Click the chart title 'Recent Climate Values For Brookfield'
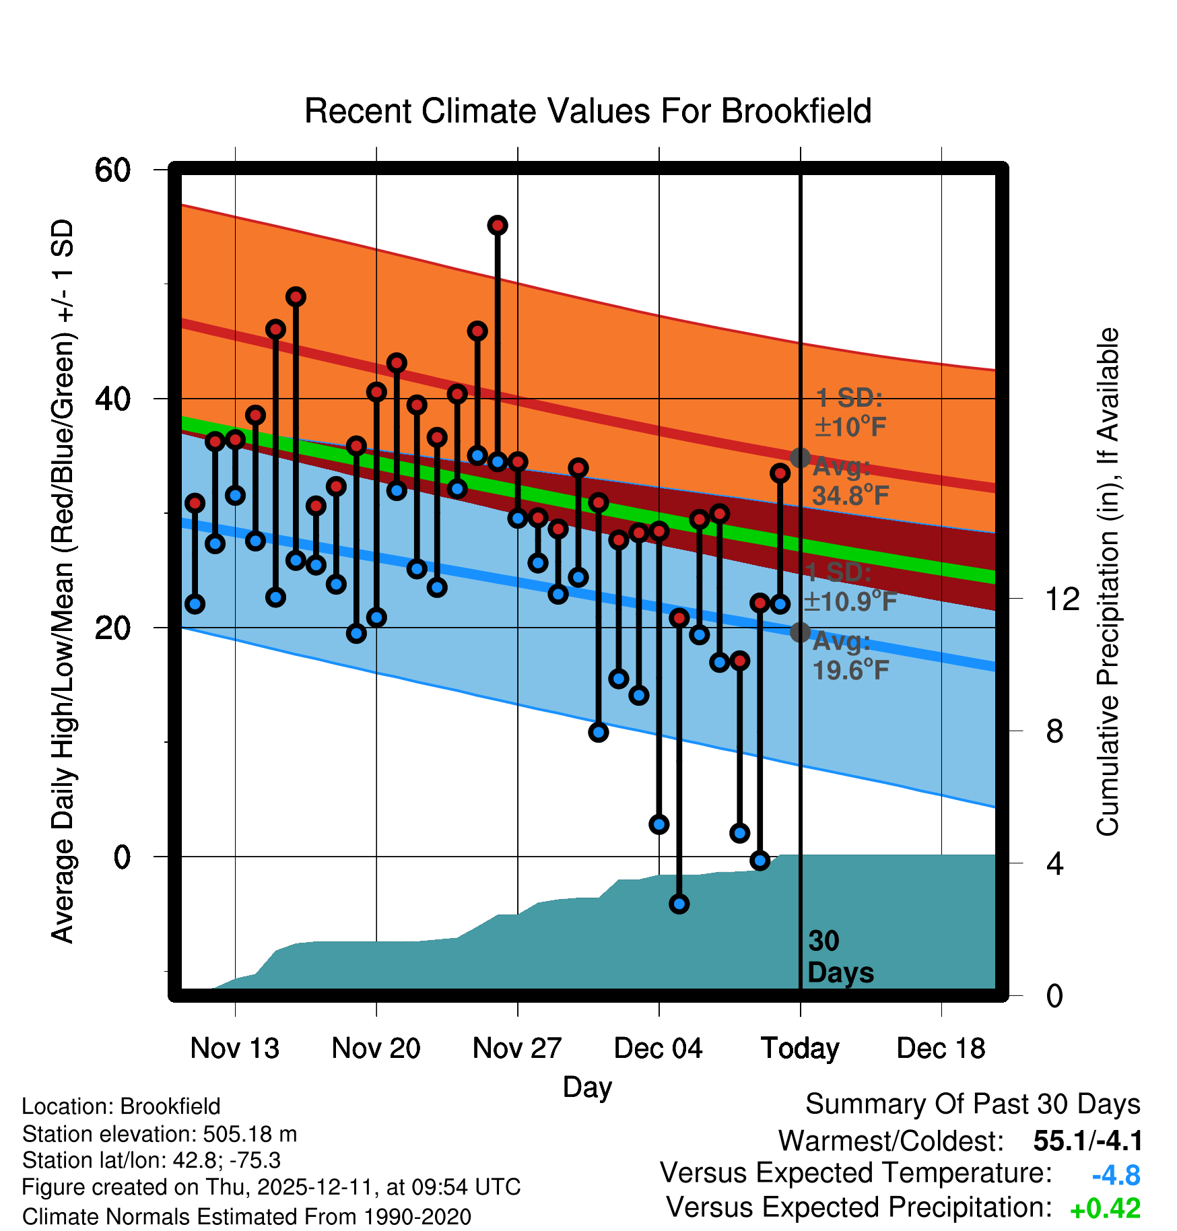588,111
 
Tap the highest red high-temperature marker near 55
498,226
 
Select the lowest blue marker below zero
679,904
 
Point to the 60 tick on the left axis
112,170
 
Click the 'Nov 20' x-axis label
376,1048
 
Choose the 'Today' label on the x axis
800,1048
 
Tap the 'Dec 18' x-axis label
941,1048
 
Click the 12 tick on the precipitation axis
1062,599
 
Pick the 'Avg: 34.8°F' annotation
850,481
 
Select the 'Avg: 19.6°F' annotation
850,656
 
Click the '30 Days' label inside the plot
840,957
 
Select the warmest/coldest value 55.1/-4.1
1087,1141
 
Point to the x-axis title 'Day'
587,1087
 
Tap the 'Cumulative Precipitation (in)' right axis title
1108,582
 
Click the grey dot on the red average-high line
800,458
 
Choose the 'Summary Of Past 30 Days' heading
972,1104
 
